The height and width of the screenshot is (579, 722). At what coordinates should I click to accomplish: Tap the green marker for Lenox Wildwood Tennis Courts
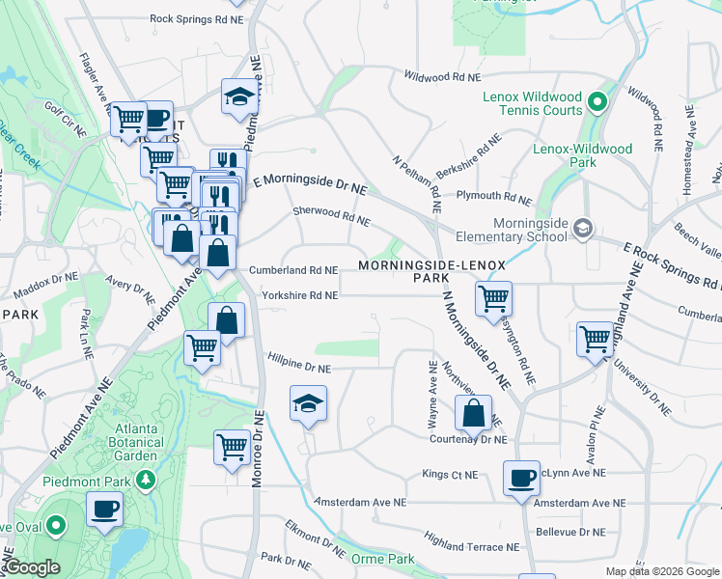pyautogui.click(x=597, y=101)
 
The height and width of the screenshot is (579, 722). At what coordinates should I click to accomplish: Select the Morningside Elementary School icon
pyautogui.click(x=582, y=229)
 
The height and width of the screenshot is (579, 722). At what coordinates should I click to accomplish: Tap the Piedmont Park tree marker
pyautogui.click(x=146, y=480)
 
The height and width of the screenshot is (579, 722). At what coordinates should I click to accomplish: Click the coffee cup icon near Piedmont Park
pyautogui.click(x=104, y=508)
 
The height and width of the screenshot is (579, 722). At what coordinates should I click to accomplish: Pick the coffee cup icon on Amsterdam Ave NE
pyautogui.click(x=521, y=477)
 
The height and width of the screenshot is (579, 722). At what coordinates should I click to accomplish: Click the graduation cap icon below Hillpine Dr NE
pyautogui.click(x=308, y=402)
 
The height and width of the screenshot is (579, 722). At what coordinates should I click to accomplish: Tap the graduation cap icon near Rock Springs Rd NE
pyautogui.click(x=237, y=96)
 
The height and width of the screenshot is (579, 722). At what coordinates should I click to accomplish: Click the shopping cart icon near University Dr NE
pyautogui.click(x=595, y=339)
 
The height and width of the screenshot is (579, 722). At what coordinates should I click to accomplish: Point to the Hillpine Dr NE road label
pyautogui.click(x=299, y=369)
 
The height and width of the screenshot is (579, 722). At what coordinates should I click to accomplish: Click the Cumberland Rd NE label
pyautogui.click(x=293, y=271)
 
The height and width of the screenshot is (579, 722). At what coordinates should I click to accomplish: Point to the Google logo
pyautogui.click(x=31, y=567)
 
